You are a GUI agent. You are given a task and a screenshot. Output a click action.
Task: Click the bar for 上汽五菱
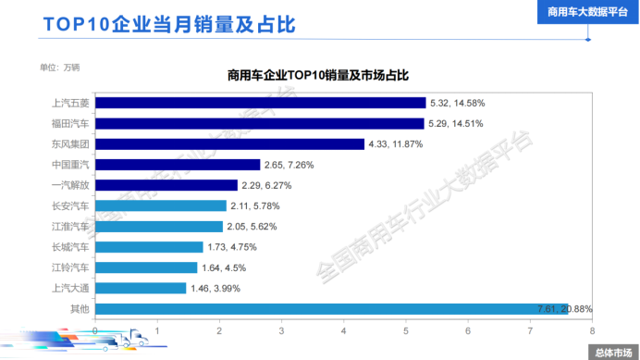pos(260,103)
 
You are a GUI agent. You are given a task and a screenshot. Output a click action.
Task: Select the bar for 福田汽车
pos(259,123)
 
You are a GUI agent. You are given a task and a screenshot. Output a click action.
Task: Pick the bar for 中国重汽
pos(178,165)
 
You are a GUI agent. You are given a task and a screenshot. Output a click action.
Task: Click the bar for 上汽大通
pos(141,288)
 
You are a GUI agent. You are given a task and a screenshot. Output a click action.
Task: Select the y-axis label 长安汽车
pos(70,205)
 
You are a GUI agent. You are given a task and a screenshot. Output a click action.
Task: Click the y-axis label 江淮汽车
pos(70,226)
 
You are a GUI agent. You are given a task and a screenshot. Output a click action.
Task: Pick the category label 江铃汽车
pos(70,267)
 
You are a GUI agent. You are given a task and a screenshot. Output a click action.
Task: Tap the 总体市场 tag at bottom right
pos(612,352)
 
